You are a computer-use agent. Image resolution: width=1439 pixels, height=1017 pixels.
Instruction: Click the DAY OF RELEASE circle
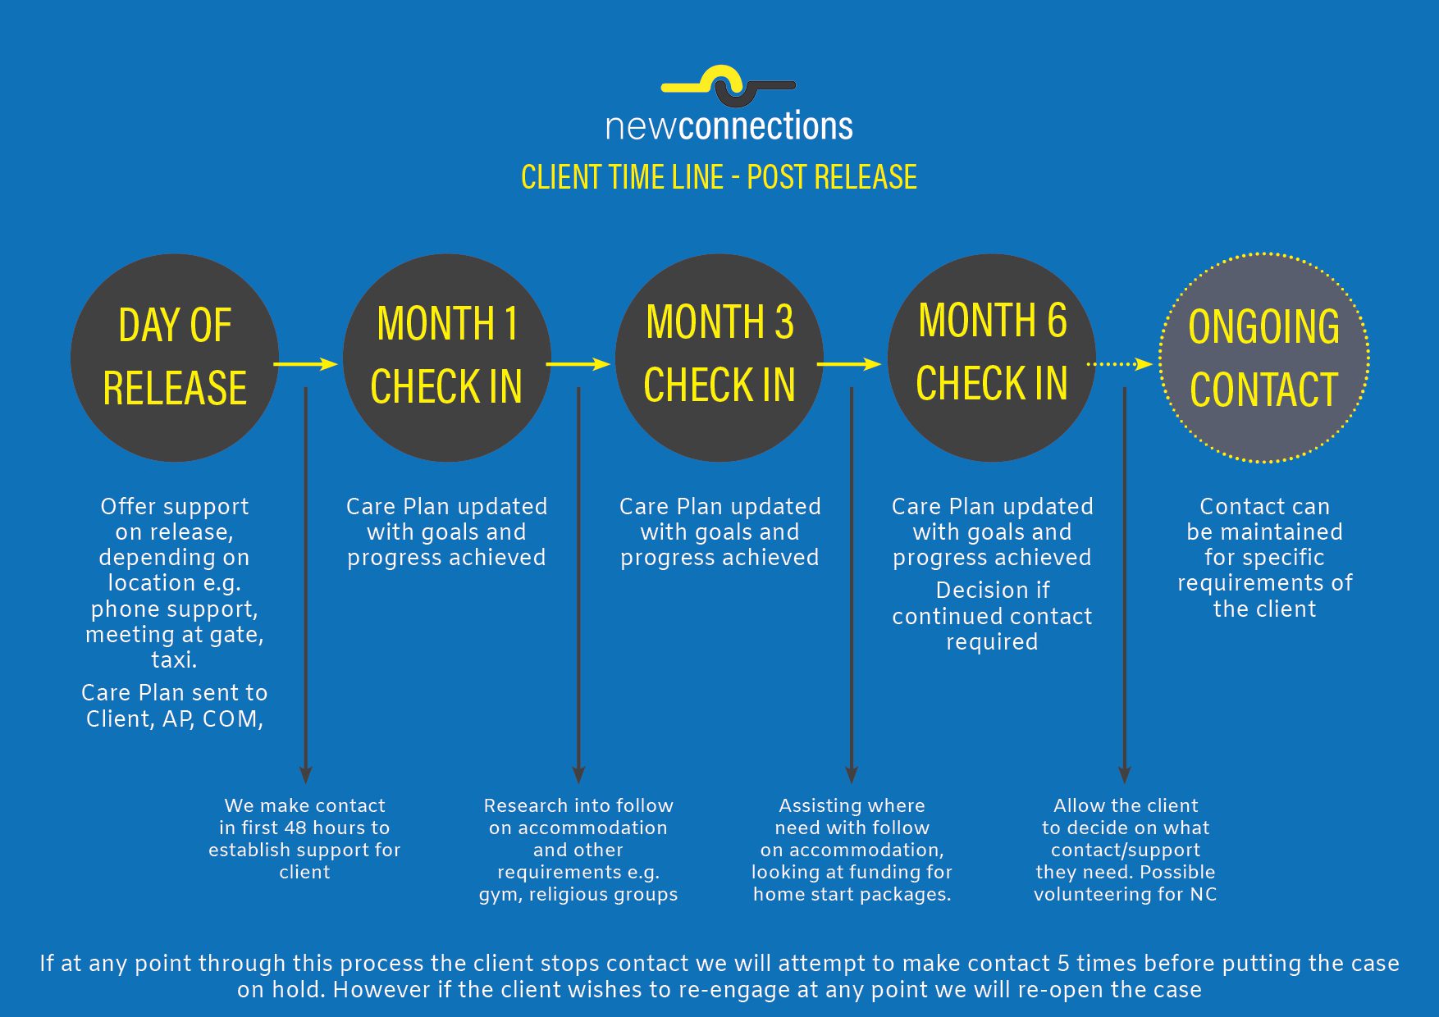click(x=175, y=358)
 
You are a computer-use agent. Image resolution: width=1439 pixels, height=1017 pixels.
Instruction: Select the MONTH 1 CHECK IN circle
click(x=446, y=358)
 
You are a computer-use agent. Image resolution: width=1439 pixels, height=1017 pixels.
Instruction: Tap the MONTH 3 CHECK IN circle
click(x=719, y=358)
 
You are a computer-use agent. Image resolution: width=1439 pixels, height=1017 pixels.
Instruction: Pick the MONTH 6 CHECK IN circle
click(x=991, y=358)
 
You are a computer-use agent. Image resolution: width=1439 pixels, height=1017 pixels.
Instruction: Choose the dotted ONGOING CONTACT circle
click(x=1263, y=358)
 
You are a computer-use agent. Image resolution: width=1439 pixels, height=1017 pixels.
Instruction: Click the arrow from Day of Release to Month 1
click(x=305, y=363)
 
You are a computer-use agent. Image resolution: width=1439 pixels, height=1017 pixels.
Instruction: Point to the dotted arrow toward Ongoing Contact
click(x=1120, y=363)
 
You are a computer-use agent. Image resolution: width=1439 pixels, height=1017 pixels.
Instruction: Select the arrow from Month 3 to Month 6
click(x=849, y=363)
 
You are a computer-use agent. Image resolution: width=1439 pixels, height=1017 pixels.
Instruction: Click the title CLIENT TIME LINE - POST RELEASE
click(x=719, y=177)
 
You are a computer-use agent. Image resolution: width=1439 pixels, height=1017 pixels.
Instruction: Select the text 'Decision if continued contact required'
click(x=992, y=616)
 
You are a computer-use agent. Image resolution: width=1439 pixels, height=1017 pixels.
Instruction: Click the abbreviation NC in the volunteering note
click(x=1203, y=894)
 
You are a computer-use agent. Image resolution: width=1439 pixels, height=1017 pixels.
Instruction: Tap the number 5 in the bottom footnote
click(x=1063, y=963)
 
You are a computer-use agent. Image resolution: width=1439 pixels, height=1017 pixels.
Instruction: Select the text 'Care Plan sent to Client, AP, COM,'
click(x=175, y=705)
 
